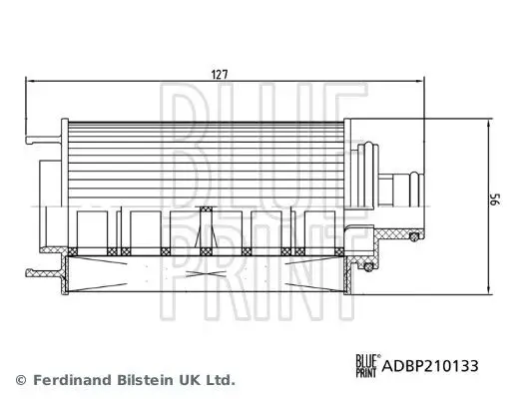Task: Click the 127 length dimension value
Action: (220, 74)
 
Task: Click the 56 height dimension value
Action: (496, 199)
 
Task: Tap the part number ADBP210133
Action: (430, 366)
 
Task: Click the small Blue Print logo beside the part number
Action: (367, 366)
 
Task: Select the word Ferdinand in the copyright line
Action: (72, 380)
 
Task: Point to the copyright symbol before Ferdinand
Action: (21, 380)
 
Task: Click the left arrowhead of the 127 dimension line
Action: (30, 81)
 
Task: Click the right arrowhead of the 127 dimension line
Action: (419, 81)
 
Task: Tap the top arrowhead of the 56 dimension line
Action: (489, 125)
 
